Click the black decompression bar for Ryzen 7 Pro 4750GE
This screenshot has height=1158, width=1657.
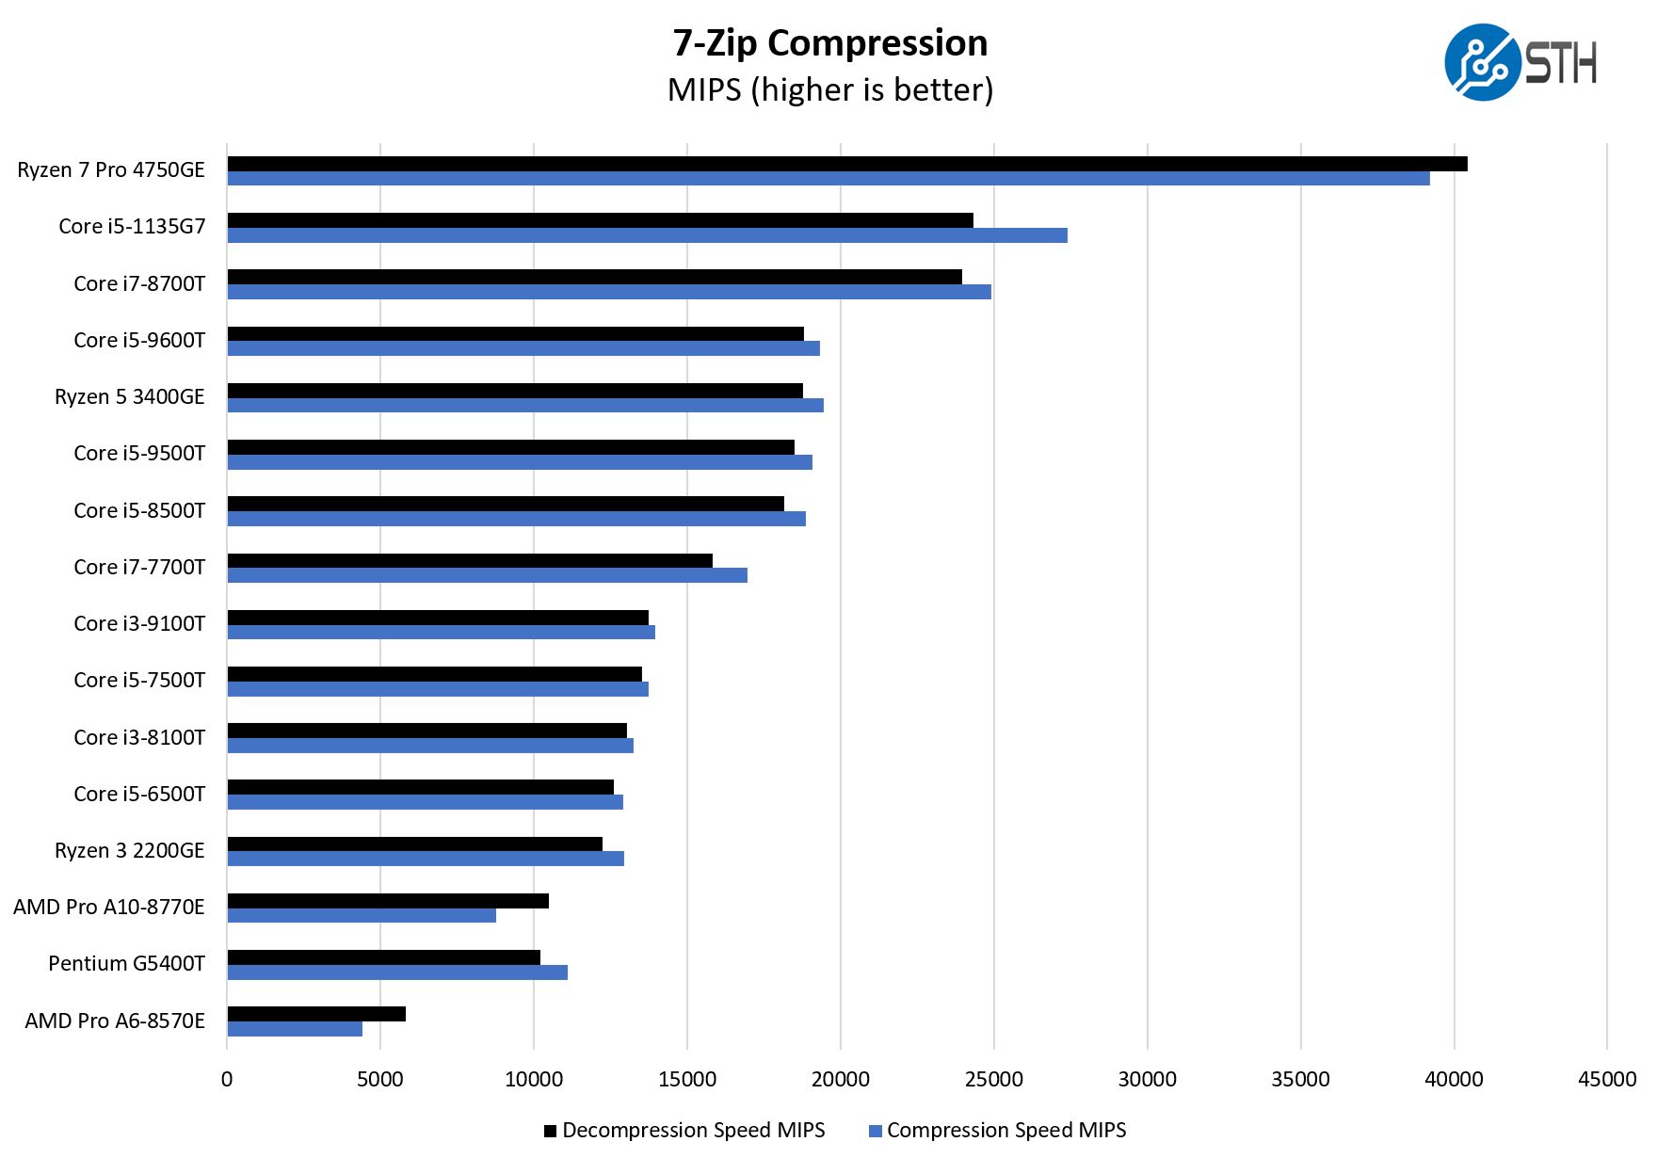[x=847, y=164]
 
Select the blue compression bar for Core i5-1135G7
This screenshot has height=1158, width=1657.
[x=648, y=235]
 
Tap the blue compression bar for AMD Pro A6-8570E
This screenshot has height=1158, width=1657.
[x=295, y=1029]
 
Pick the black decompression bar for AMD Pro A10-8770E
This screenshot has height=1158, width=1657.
[x=388, y=901]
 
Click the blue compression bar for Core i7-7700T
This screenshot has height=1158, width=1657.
[x=488, y=575]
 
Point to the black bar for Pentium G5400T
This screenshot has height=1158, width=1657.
[x=384, y=957]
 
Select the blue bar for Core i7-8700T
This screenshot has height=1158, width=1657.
[x=609, y=292]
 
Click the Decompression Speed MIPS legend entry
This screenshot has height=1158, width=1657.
[x=684, y=1131]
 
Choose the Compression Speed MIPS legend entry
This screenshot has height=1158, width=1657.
[x=997, y=1131]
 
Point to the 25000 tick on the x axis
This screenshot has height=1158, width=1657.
[x=994, y=1079]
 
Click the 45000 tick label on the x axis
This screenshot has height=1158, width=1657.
[x=1607, y=1079]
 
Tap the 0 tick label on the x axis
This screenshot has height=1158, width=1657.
[x=227, y=1079]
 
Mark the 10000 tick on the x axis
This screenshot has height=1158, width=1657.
[x=534, y=1079]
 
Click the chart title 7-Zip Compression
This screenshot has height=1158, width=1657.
[x=830, y=43]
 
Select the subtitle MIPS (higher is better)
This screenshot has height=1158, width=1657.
[x=830, y=90]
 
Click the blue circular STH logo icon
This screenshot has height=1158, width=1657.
[x=1481, y=62]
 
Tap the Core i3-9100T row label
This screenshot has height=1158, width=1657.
[x=139, y=624]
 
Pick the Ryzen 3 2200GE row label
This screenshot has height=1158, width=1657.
[x=130, y=851]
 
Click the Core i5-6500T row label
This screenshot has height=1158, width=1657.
[x=139, y=795]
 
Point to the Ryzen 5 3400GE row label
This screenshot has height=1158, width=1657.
[x=130, y=397]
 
